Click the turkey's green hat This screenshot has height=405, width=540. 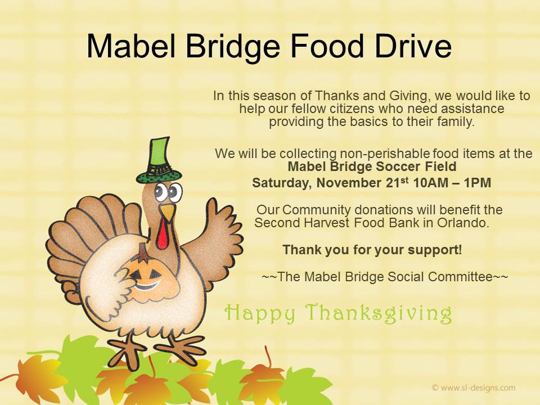tap(159, 160)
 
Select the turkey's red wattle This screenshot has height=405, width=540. tap(163, 233)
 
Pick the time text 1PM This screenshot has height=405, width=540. tap(478, 182)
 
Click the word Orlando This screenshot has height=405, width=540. tap(463, 223)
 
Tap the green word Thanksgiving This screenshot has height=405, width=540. tap(379, 313)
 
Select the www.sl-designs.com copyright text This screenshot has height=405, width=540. tap(474, 388)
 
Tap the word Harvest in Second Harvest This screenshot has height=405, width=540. tap(326, 223)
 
